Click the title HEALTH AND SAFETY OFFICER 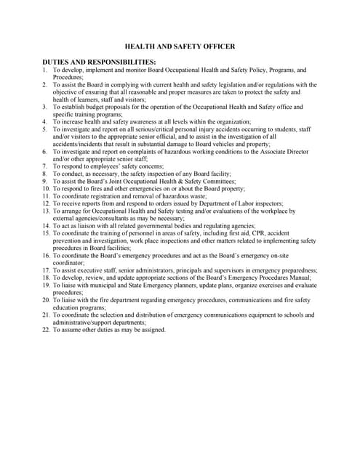pyautogui.click(x=180, y=46)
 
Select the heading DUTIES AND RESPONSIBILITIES pyautogui.click(x=100, y=62)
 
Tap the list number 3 pyautogui.click(x=44, y=107)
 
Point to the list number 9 pyautogui.click(x=44, y=181)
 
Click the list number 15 pyautogui.click(x=46, y=233)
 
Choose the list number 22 pyautogui.click(x=46, y=330)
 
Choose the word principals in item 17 pyautogui.click(x=200, y=270)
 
